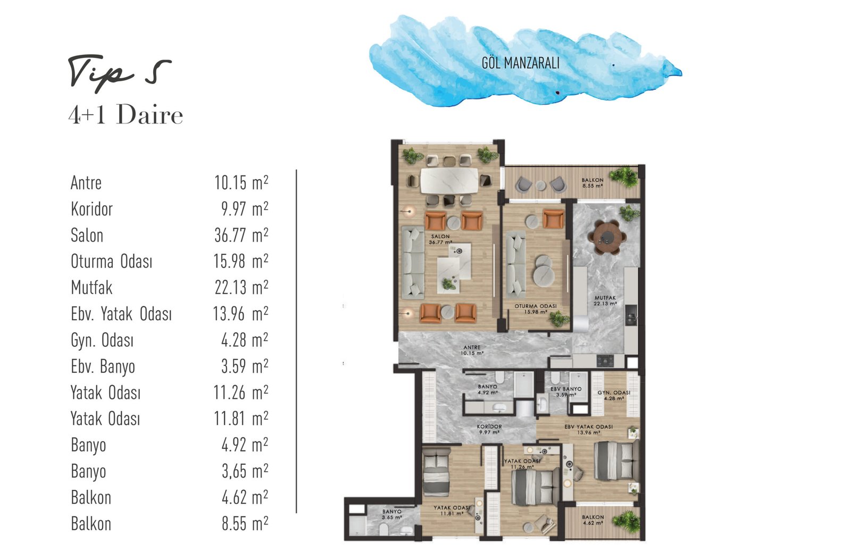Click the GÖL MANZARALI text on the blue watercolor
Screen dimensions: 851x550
click(521, 63)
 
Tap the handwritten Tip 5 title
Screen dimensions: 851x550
click(120, 73)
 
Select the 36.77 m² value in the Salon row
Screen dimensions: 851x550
click(241, 235)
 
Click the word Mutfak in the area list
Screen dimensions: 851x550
click(91, 288)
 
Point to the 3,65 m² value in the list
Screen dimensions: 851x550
click(245, 471)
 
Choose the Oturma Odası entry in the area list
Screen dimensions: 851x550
click(111, 261)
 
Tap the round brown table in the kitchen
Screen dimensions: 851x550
click(607, 238)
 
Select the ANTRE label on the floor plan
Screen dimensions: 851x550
click(472, 347)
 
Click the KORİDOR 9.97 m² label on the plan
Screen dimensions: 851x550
click(489, 429)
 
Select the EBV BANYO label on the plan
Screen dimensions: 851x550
click(566, 389)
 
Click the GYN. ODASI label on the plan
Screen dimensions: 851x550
click(614, 393)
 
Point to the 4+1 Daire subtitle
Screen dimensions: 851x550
click(126, 114)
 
